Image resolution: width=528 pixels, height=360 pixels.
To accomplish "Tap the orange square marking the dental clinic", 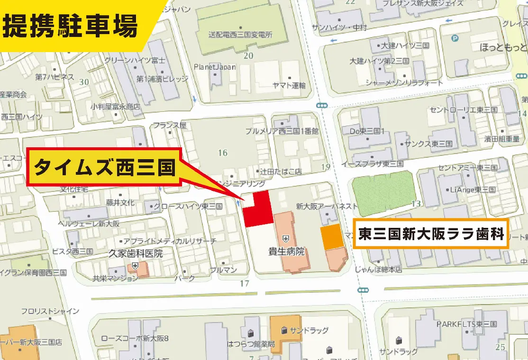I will [332, 236].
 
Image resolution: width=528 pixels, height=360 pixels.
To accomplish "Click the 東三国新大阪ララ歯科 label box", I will [431, 234].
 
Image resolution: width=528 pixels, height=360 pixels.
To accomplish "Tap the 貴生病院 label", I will [286, 251].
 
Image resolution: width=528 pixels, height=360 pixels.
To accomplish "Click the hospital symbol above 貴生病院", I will [286, 238].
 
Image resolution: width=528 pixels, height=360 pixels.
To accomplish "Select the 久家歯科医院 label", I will [136, 253].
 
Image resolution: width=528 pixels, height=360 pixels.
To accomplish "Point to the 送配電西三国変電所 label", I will [240, 34].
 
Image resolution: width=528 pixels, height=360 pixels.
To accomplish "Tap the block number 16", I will [223, 153].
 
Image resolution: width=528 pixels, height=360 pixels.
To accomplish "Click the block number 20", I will [248, 55].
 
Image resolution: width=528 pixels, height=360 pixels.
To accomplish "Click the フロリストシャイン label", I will [50, 311].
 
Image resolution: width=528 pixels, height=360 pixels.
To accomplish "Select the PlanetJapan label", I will [215, 67].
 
